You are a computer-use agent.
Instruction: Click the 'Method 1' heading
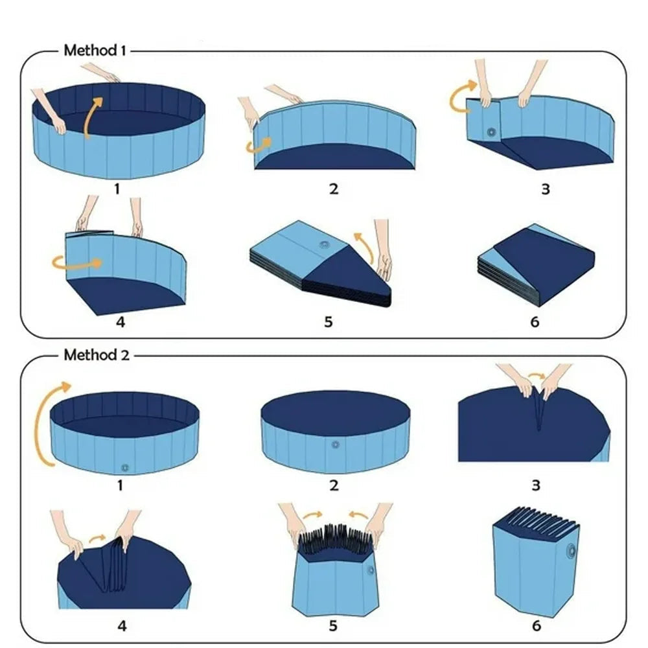point(94,51)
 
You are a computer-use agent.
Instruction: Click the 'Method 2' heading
point(97,354)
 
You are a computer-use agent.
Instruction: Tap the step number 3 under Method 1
point(546,189)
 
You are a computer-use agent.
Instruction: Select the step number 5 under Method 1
point(328,321)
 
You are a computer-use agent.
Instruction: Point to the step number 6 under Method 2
point(536,625)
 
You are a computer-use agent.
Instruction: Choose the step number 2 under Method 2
point(334,485)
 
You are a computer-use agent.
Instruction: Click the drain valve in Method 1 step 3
point(491,132)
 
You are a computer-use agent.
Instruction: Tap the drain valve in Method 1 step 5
point(323,245)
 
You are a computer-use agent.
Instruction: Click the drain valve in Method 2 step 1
point(125,468)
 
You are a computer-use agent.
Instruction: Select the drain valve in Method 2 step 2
point(335,445)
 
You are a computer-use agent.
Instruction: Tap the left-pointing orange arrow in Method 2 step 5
point(358,515)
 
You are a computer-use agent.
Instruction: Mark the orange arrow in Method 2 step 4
point(98,538)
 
